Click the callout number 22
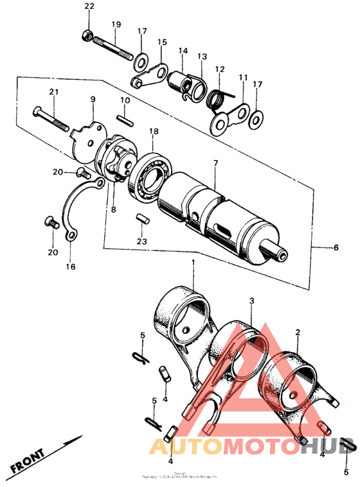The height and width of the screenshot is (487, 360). pos(89,6)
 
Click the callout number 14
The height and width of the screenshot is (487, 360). pos(183,51)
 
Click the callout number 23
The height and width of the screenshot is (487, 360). pos(141,242)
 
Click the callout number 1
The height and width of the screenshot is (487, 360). pos(193,263)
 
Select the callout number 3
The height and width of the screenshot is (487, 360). pos(252,300)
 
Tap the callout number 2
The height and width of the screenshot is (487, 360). pos(298,332)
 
